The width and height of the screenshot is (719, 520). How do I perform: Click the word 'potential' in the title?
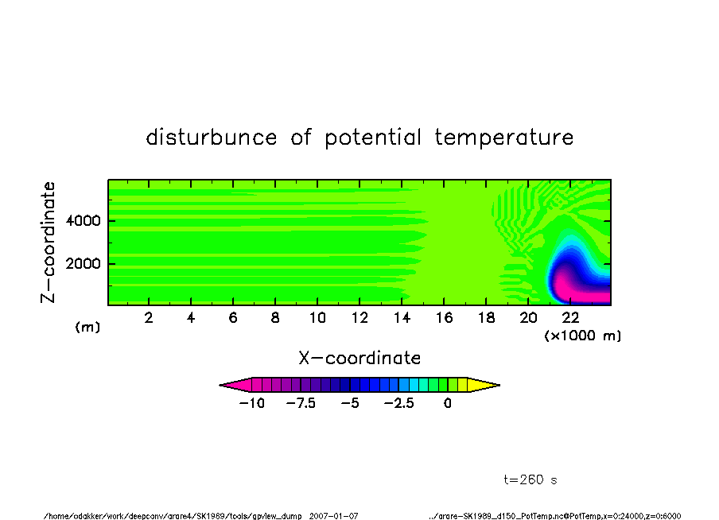click(x=373, y=138)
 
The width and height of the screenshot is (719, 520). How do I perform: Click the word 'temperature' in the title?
click(x=504, y=137)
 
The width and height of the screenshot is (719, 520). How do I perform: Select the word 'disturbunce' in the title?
click(x=212, y=137)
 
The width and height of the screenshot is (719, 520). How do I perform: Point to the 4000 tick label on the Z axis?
click(x=83, y=221)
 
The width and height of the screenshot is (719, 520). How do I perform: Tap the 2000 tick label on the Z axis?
click(x=83, y=264)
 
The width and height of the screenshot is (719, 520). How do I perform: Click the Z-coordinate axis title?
click(x=48, y=243)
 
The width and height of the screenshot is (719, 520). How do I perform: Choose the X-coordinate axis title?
click(x=359, y=358)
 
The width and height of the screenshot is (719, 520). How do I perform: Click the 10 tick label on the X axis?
click(x=317, y=318)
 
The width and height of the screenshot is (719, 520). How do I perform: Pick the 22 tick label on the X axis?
click(x=570, y=318)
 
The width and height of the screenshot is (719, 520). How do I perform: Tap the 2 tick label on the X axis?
click(x=149, y=318)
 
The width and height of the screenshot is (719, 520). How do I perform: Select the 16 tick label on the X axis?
click(x=444, y=318)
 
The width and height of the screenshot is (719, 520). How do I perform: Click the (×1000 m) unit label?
click(x=582, y=336)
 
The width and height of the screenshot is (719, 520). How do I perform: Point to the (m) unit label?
click(x=87, y=327)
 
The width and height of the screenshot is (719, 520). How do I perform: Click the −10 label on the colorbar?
click(x=252, y=403)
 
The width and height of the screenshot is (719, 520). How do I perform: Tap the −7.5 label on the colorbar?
click(x=301, y=403)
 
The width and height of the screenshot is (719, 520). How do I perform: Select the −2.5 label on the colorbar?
click(x=399, y=403)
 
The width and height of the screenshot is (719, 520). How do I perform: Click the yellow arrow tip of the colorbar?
click(x=499, y=385)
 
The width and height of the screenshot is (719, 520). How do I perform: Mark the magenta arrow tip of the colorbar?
click(x=220, y=385)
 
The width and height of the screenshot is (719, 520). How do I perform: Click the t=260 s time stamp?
click(x=531, y=479)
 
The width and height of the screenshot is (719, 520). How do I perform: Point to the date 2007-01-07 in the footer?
click(x=333, y=516)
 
